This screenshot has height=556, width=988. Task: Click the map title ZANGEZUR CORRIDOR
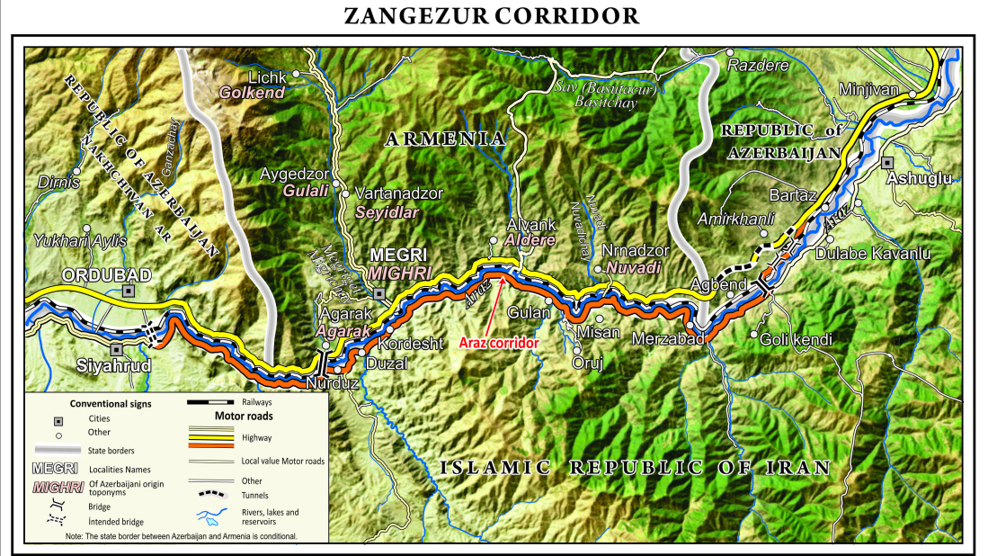(493, 16)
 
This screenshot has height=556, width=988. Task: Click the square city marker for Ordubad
(129, 291)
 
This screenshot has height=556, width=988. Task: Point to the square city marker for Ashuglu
(887, 163)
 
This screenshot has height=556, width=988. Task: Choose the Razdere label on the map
(757, 66)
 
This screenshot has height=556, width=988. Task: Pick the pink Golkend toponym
(254, 93)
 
